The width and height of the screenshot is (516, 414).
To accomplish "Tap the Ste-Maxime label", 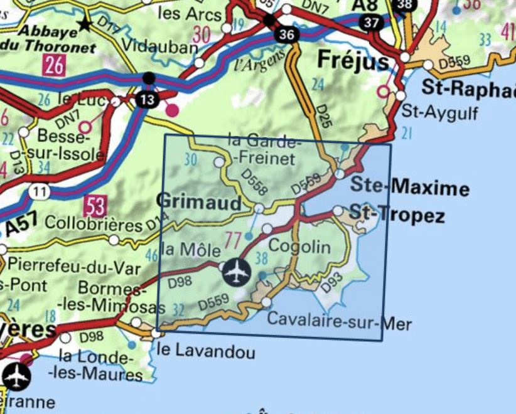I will click(x=409, y=187).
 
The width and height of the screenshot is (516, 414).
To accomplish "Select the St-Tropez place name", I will click(x=397, y=215).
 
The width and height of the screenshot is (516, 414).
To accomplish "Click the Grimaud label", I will click(x=199, y=201).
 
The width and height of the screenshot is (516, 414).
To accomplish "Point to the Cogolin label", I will click(x=299, y=246).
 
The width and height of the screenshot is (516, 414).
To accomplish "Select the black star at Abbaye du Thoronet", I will click(x=85, y=25).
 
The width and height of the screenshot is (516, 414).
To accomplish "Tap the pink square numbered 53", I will click(x=94, y=205).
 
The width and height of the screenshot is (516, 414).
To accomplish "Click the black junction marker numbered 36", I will click(x=286, y=34).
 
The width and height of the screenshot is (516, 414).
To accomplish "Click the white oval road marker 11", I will click(x=40, y=191).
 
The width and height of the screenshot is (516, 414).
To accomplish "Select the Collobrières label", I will click(x=94, y=224).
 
